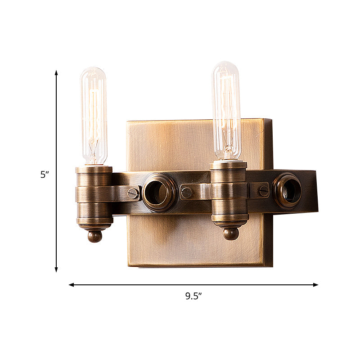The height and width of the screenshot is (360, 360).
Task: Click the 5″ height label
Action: [44, 175]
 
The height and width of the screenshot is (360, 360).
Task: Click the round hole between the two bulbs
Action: [159, 193]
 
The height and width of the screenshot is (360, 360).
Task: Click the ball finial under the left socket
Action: [94, 236]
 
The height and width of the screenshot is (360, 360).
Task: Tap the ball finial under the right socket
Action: [230, 234]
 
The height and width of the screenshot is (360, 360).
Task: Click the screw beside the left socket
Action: [133, 193]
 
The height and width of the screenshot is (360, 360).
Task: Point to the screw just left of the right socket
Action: [186, 193]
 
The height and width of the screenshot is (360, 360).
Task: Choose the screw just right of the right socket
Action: [263, 190]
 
